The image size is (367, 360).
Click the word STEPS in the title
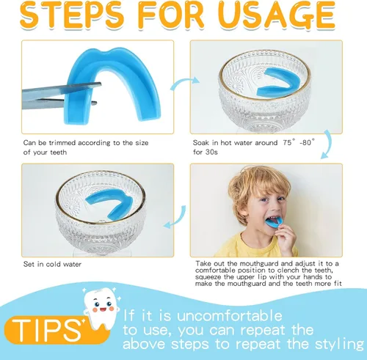click(72, 15)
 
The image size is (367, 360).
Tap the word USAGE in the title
click(277, 15)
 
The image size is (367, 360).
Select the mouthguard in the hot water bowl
click(279, 82)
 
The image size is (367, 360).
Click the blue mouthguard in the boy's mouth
click(274, 222)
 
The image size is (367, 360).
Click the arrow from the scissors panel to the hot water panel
click(184, 81)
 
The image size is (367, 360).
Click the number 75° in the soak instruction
click(289, 142)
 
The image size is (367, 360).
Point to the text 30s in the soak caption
click(211, 152)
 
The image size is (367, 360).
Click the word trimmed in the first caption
click(62, 142)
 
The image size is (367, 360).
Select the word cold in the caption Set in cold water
click(54, 264)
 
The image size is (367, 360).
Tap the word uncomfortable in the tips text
click(230, 315)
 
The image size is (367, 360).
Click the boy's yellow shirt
click(250, 247)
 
